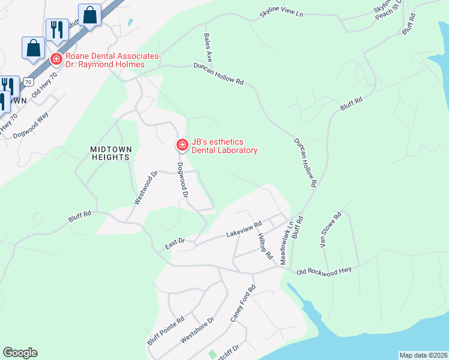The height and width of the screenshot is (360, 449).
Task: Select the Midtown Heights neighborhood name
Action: pyautogui.click(x=110, y=153)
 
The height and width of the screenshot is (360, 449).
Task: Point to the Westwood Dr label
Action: pyautogui.click(x=145, y=188)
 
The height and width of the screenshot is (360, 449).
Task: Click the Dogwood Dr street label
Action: pyautogui.click(x=182, y=180)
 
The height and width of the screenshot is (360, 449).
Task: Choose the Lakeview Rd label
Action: pyautogui.click(x=244, y=230)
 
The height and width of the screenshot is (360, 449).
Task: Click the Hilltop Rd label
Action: pyautogui.click(x=265, y=246)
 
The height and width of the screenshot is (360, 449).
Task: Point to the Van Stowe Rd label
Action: pyautogui.click(x=330, y=230)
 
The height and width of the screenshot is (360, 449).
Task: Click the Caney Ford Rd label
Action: pyautogui.click(x=243, y=304)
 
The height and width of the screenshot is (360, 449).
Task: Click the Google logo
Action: pyautogui.click(x=20, y=353)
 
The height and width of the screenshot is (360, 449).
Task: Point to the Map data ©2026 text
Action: pyautogui.click(x=423, y=355)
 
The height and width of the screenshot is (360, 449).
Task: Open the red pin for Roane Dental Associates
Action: pyautogui.click(x=56, y=59)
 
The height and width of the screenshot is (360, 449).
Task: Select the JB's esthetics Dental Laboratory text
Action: pyautogui.click(x=224, y=145)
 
